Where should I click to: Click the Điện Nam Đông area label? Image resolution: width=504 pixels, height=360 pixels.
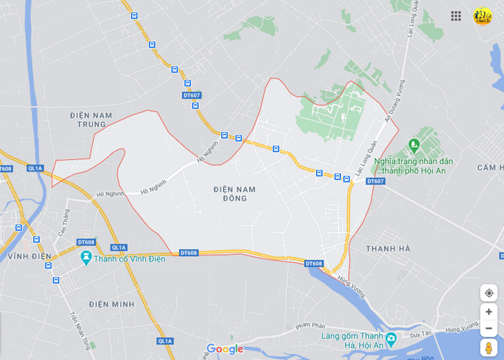234,193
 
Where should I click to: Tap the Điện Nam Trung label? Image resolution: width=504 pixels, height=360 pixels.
91,119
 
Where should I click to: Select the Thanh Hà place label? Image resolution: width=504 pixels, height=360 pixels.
388,249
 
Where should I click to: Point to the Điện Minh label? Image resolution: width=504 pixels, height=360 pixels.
111,304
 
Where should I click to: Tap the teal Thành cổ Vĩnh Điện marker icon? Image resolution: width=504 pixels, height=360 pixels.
86,257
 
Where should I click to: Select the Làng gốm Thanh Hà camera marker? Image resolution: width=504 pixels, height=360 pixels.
391,339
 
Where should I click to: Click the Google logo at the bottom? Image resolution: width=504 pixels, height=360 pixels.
225,349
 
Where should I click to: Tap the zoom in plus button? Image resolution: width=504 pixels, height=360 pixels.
488,312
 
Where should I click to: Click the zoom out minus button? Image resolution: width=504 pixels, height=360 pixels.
488,328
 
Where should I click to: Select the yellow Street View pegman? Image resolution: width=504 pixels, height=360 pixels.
488,348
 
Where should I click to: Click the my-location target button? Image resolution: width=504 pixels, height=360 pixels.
488,293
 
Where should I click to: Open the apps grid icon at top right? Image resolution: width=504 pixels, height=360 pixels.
456,16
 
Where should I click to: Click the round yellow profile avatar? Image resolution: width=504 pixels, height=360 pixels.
482,16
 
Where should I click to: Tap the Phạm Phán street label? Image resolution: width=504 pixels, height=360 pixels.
310,325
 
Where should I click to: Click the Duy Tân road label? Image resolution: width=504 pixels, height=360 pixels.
416,334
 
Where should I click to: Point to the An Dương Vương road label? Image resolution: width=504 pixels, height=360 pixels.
394,100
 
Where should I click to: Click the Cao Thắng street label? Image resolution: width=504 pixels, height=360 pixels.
64,222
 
